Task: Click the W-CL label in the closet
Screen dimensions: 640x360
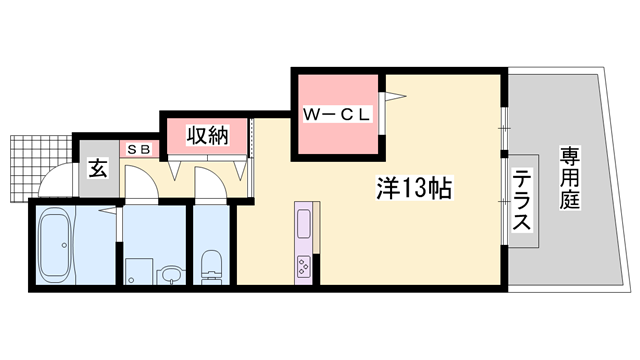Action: coord(337,115)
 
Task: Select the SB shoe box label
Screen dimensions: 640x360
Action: coord(138,149)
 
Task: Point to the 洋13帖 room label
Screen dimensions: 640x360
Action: coord(412,188)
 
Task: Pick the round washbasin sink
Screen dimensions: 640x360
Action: coord(170,272)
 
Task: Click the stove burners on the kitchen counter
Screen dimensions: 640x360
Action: coord(302,265)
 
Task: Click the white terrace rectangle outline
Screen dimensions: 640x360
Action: coord(521,204)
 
